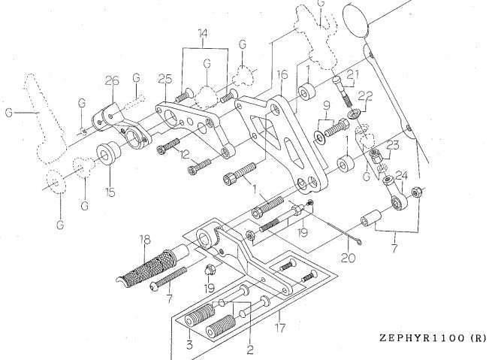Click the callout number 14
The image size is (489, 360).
click(x=203, y=33)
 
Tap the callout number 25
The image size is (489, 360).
click(x=165, y=79)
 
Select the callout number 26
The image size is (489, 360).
click(x=112, y=81)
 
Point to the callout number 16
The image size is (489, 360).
click(x=282, y=74)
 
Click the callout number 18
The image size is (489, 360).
click(x=145, y=240)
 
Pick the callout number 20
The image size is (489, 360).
click(x=348, y=258)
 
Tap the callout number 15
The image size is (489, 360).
click(x=110, y=192)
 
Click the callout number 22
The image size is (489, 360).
click(x=365, y=96)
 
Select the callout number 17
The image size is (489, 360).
click(x=280, y=328)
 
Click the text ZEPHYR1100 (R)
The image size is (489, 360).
click(x=433, y=337)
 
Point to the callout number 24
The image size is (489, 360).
click(x=401, y=177)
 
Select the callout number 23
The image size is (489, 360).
click(x=392, y=145)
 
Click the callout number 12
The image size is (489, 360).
click(x=185, y=154)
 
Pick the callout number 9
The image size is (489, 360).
click(x=326, y=106)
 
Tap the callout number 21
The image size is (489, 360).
click(x=353, y=75)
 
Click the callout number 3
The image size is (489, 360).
click(x=189, y=344)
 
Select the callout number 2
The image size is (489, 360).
click(x=250, y=349)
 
